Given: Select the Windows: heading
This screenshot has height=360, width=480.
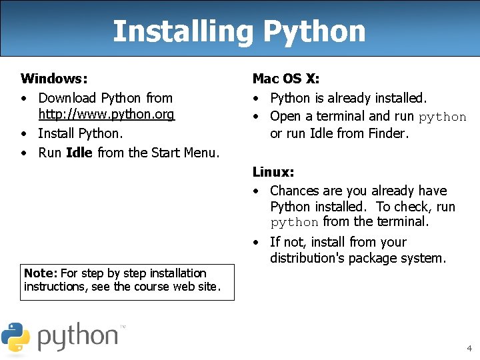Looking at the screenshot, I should [54, 79].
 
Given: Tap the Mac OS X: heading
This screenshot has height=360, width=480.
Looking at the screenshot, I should [286, 79].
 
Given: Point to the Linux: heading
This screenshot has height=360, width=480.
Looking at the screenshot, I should [273, 172].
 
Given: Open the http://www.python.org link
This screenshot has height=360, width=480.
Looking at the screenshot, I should [107, 115].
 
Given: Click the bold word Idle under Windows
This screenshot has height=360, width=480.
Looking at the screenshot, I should [79, 153].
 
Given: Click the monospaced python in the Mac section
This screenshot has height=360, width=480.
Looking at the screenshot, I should [443, 117].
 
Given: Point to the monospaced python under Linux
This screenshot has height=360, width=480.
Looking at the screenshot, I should [295, 223].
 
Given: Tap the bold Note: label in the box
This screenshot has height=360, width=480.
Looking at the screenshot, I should [41, 273].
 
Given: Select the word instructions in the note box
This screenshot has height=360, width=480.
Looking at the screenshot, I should [51, 287].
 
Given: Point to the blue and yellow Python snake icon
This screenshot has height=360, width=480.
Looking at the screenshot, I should [15, 337].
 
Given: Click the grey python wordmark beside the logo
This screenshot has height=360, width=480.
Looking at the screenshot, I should [78, 337].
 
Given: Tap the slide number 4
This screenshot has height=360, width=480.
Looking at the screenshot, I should [469, 348].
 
